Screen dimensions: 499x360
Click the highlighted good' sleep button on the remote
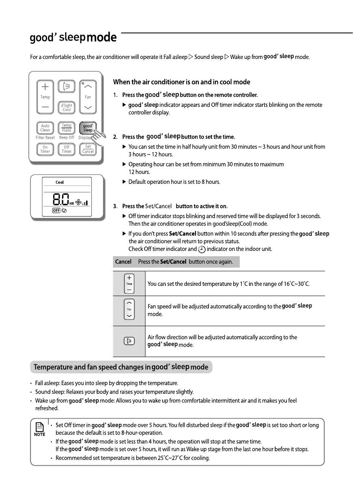click(x=88, y=128)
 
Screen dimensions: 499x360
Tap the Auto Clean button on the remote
click(x=45, y=128)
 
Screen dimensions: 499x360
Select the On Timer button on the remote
click(x=45, y=149)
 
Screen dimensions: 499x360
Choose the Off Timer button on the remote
click(x=67, y=149)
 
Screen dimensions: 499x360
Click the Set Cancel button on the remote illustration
click(x=88, y=149)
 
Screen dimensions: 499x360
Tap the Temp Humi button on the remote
click(x=67, y=128)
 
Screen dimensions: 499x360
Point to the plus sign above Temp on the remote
click(x=45, y=87)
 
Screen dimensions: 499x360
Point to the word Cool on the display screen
click(x=60, y=183)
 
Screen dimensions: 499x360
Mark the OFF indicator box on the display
click(x=56, y=211)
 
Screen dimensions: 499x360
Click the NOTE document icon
click(x=39, y=427)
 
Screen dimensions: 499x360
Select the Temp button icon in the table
click(x=129, y=283)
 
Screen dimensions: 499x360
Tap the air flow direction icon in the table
click(x=129, y=341)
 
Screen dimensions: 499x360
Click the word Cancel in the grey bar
click(x=123, y=262)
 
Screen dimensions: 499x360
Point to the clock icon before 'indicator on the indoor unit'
click(x=202, y=249)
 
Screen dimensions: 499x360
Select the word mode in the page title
click(x=102, y=38)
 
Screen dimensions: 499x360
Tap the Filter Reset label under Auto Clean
click(x=45, y=138)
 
